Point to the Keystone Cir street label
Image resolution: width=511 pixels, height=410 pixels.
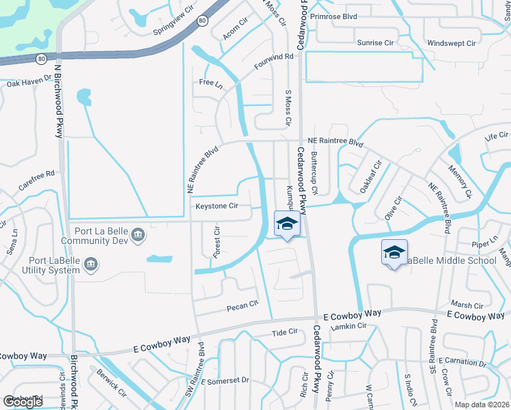click(x=217, y=206)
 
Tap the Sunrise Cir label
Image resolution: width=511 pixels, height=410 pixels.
click(x=375, y=42)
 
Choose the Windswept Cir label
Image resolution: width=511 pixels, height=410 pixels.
click(x=451, y=43)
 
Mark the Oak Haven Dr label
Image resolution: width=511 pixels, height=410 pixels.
click(x=29, y=83)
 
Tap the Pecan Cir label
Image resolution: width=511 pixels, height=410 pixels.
click(x=243, y=304)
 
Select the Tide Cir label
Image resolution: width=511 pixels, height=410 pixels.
click(x=285, y=332)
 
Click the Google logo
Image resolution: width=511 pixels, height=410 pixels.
click(x=23, y=402)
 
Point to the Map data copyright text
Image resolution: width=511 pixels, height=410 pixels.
click(x=482, y=405)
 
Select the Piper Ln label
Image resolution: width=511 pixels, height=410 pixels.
click(x=486, y=244)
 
